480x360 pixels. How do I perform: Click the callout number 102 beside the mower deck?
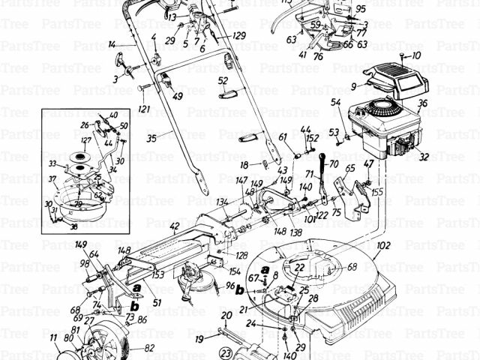tap(385, 245)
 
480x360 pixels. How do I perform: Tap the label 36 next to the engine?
tap(422, 104)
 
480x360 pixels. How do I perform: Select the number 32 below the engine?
tap(424, 157)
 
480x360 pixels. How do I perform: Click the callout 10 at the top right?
tap(417, 55)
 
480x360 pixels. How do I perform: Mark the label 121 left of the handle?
tap(143, 109)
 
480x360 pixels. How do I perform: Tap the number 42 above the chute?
tap(174, 226)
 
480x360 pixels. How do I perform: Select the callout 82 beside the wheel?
tap(149, 348)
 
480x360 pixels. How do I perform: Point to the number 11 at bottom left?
tap(53, 339)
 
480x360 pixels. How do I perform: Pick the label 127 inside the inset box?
tap(87, 139)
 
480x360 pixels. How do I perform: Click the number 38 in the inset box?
tap(73, 226)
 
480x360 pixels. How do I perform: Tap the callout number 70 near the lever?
tap(334, 163)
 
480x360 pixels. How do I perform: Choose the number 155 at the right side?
tap(376, 192)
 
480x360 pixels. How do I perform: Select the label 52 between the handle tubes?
tap(223, 80)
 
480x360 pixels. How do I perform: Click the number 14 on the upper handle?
tap(112, 45)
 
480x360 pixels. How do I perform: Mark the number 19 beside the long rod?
tap(199, 339)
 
